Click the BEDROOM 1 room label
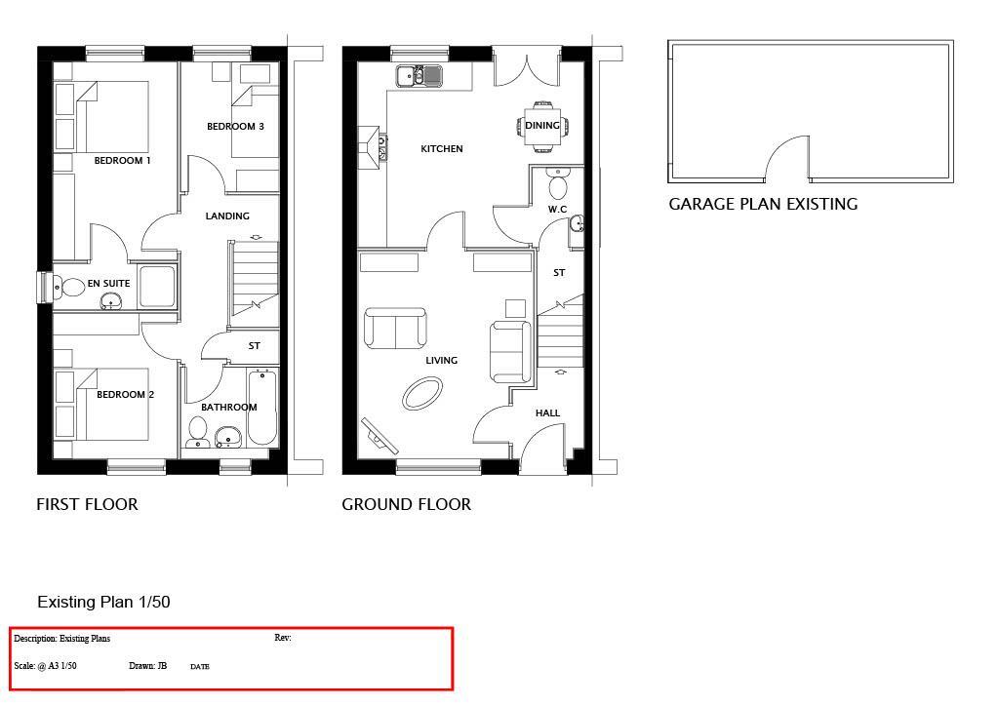(122, 160)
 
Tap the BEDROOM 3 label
(235, 127)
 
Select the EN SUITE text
(108, 284)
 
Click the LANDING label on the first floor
(227, 216)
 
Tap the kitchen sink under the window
(419, 75)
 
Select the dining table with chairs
(541, 125)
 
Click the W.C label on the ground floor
(557, 210)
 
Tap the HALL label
(547, 413)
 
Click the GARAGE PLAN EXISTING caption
(762, 205)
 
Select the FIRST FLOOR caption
(87, 505)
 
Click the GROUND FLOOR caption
(406, 505)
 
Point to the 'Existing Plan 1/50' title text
(103, 603)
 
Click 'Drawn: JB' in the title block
(147, 667)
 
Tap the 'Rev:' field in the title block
(283, 639)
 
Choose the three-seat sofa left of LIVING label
(395, 329)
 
